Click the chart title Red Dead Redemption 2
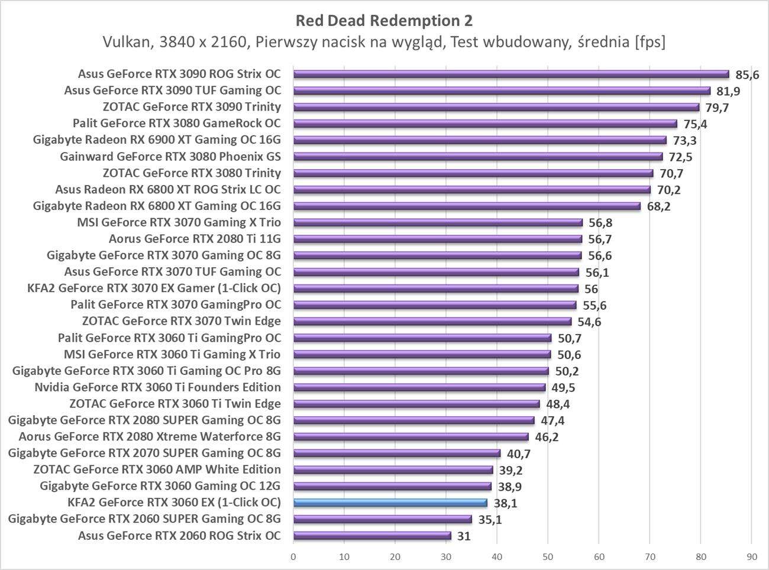click(384, 21)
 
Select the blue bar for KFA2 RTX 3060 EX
click(390, 503)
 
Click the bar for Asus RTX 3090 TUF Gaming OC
click(502, 90)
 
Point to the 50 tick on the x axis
click(548, 556)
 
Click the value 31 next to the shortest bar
click(464, 536)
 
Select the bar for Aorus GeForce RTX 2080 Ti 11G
click(438, 239)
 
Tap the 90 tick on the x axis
click(751, 556)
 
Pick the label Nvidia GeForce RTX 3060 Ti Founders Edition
click(157, 387)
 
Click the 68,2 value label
click(658, 207)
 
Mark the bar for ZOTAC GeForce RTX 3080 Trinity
click(473, 173)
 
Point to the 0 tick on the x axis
click(293, 556)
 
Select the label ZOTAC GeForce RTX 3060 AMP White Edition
click(157, 469)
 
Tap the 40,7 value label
click(518, 454)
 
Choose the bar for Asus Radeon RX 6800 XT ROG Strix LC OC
click(472, 190)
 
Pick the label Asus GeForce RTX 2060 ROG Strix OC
click(179, 536)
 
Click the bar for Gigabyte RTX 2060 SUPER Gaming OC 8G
click(382, 520)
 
